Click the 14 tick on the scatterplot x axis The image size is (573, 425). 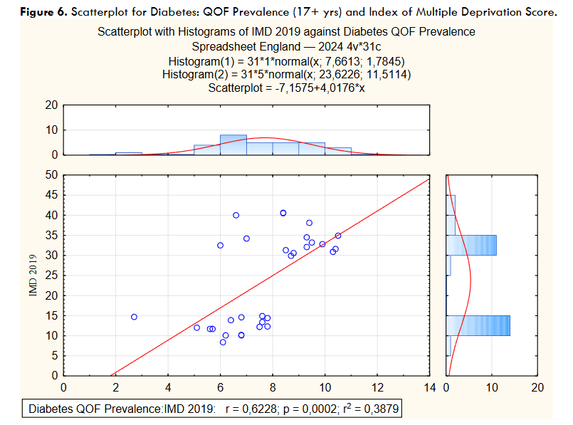point(429,387)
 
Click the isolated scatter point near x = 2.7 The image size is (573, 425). point(134,317)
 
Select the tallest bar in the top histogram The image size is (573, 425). point(233,145)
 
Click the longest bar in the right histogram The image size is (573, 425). point(478,325)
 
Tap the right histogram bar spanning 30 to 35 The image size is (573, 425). point(471,245)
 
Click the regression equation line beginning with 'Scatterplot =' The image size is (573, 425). point(286,88)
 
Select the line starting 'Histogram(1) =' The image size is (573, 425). point(286,61)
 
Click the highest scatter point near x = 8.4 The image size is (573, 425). point(283,213)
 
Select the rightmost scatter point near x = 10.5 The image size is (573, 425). point(338,236)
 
